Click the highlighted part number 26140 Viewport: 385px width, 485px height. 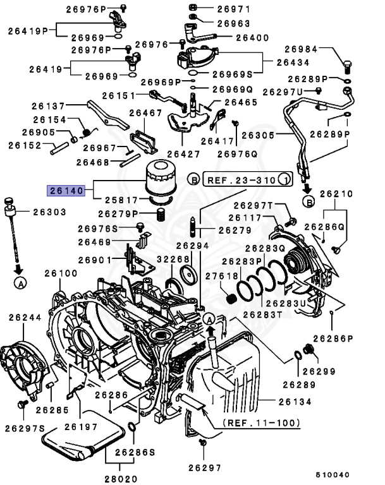(66, 190)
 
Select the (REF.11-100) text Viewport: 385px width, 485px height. (260, 422)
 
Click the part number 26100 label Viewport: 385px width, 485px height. (61, 273)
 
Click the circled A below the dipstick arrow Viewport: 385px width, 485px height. (20, 284)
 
